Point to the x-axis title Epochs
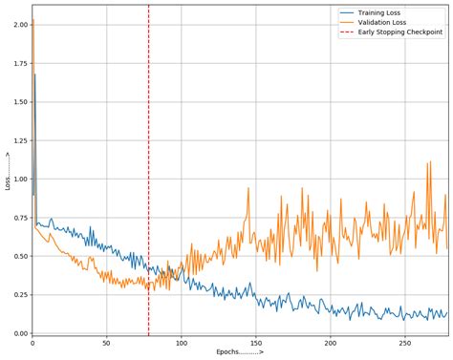(x=239, y=352)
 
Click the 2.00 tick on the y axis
(x=19, y=25)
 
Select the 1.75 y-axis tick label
(x=19, y=63)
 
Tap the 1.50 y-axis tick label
(x=19, y=102)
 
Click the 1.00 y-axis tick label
(x=19, y=179)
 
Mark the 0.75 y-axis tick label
(x=19, y=218)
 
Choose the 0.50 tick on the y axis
(x=19, y=256)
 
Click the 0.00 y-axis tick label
(x=19, y=333)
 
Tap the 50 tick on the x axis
(x=107, y=343)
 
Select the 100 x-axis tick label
(x=181, y=343)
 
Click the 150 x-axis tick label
(x=255, y=343)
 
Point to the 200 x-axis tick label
(x=330, y=343)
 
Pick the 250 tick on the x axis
(x=404, y=343)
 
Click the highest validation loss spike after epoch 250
(x=429, y=161)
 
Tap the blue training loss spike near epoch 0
(x=34, y=74)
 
